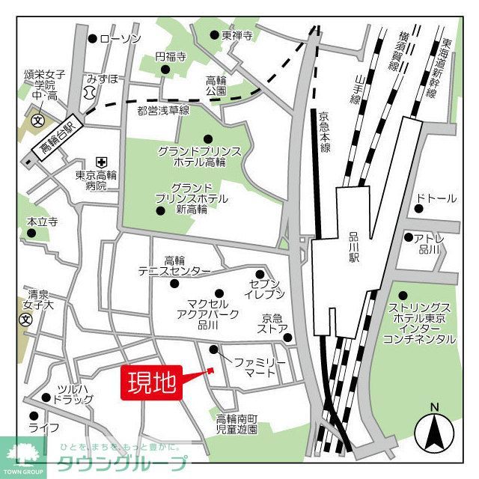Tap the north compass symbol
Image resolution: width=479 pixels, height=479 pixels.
pos(433,429)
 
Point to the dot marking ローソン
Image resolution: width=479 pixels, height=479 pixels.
pos(93,38)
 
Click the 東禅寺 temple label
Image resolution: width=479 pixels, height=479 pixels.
pos(237,35)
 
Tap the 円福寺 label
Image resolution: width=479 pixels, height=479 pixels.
pos(171,57)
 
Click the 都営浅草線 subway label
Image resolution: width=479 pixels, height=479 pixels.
pos(163,111)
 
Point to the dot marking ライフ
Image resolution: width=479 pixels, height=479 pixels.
pos(33,416)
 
